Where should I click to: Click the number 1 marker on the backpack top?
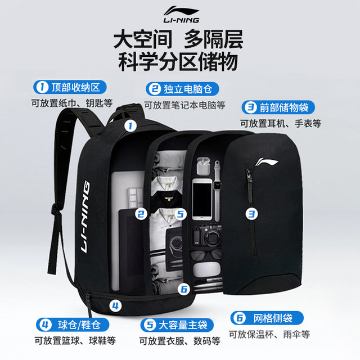point(130,126)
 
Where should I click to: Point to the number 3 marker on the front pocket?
point(251,213)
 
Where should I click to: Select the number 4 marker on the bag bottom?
point(115,306)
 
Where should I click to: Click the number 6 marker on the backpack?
point(183,289)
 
